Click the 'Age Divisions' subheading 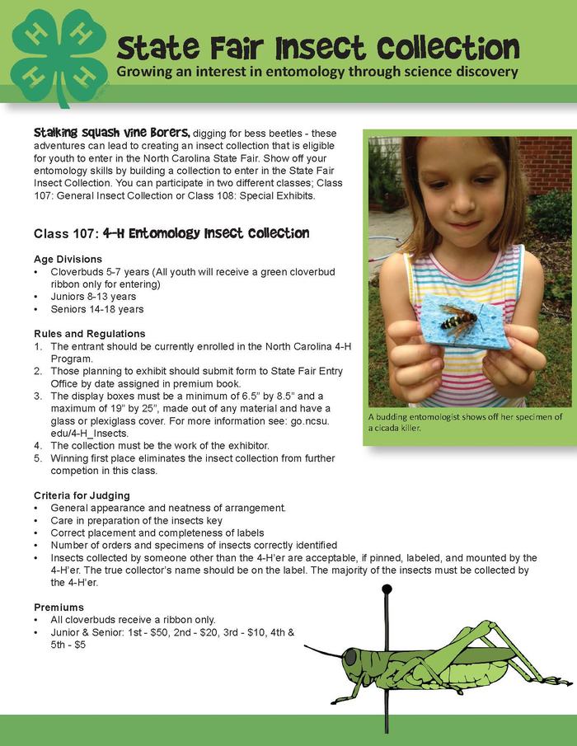68,258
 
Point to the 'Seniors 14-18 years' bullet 96,309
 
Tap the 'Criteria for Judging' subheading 82,495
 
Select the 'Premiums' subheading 59,607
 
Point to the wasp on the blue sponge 457,319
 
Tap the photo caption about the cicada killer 466,422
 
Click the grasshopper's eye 350,657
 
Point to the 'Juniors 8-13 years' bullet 93,297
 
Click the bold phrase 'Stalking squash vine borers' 112,133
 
